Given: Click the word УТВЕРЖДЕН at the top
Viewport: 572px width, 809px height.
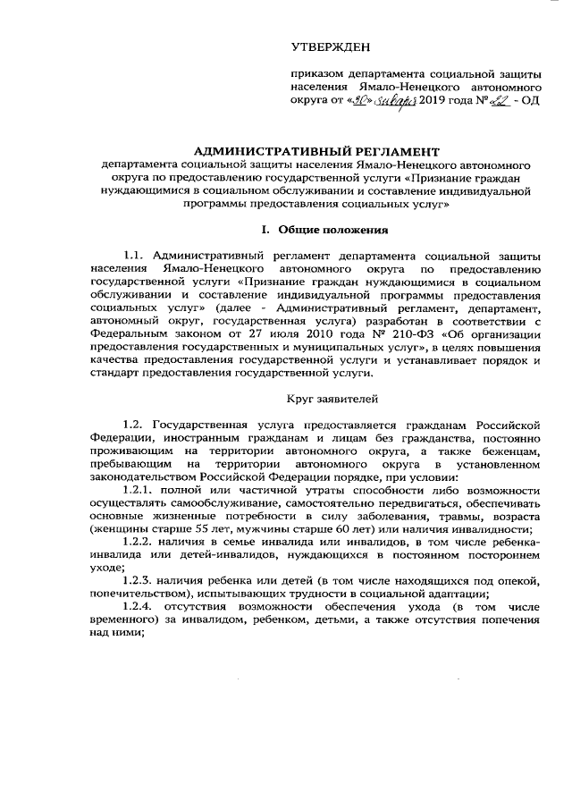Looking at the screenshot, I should pos(329,46).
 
